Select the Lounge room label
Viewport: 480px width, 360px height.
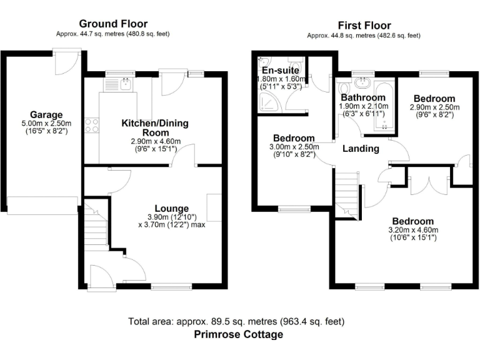(172, 208)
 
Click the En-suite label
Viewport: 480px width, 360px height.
(281, 70)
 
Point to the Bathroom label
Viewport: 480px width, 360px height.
(362, 98)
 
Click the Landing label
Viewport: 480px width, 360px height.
(361, 149)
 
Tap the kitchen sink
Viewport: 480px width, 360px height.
(126, 83)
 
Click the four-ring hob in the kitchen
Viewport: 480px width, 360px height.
(92, 125)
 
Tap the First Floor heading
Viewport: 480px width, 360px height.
(364, 26)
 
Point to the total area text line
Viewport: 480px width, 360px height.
(236, 321)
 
